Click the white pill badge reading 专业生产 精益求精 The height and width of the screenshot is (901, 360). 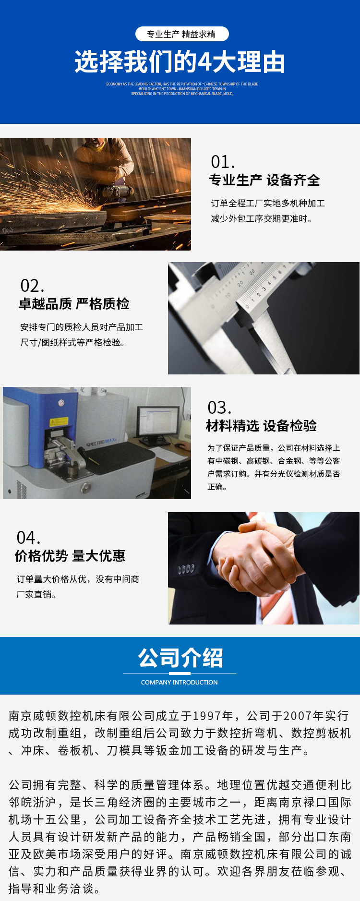[181, 34]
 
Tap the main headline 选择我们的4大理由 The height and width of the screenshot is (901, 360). [180, 62]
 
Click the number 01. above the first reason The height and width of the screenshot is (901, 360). [223, 162]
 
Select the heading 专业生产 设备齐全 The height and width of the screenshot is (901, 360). [264, 180]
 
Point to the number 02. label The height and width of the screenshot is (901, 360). [32, 286]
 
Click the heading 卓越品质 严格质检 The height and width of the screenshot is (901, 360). [74, 304]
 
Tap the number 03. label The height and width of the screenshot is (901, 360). [219, 408]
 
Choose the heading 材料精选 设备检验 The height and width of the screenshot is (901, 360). [261, 426]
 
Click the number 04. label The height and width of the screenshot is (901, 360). [28, 538]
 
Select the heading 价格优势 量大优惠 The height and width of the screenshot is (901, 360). [70, 556]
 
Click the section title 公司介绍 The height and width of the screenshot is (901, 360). [180, 658]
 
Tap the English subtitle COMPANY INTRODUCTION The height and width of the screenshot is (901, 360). [179, 682]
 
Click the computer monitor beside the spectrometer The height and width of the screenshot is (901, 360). [158, 421]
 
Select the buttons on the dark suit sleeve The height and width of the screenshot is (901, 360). [186, 569]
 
